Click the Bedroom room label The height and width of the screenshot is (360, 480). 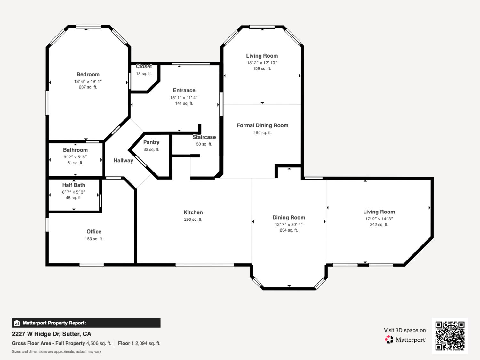pyautogui.click(x=88, y=75)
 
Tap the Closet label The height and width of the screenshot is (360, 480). pyautogui.click(x=144, y=66)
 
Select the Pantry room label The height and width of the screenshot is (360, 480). pyautogui.click(x=151, y=142)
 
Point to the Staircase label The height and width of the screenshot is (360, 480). pyautogui.click(x=204, y=137)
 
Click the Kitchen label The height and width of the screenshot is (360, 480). pyautogui.click(x=193, y=212)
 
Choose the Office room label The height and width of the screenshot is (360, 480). pyautogui.click(x=94, y=232)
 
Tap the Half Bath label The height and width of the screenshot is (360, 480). pyautogui.click(x=74, y=185)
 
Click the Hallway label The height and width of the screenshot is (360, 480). pyautogui.click(x=123, y=161)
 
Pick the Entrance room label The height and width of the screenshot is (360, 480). pyautogui.click(x=184, y=91)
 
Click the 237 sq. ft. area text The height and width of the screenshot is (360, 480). pyautogui.click(x=88, y=87)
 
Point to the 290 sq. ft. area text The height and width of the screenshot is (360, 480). pyautogui.click(x=193, y=220)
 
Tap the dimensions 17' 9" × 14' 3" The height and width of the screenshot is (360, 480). pyautogui.click(x=379, y=219)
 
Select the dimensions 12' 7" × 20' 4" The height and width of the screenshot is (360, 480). pyautogui.click(x=289, y=225)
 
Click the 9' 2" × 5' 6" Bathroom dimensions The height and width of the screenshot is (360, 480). pyautogui.click(x=75, y=157)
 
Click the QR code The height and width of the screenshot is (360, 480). pyautogui.click(x=450, y=336)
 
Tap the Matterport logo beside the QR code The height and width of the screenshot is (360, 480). pyautogui.click(x=405, y=340)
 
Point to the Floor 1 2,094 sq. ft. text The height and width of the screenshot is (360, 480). pyautogui.click(x=139, y=343)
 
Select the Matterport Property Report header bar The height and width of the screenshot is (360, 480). pyautogui.click(x=86, y=323)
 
